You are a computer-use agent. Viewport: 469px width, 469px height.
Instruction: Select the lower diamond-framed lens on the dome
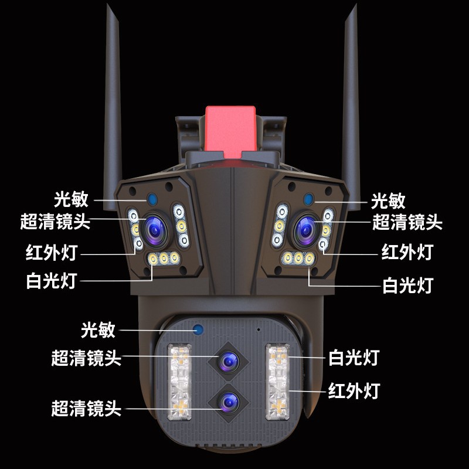click(227, 401)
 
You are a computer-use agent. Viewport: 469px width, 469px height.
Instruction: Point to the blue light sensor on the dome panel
click(198, 329)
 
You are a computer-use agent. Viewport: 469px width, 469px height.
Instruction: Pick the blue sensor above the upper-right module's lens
click(307, 198)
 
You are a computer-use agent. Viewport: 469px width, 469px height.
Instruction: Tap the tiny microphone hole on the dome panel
click(258, 329)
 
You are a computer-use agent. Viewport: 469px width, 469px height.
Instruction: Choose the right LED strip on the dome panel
click(276, 381)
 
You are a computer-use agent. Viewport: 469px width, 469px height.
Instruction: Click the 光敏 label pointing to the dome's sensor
click(98, 329)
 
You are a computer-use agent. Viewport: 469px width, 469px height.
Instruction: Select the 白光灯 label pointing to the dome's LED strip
click(355, 357)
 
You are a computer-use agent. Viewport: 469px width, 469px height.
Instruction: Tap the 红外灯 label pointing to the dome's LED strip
click(355, 389)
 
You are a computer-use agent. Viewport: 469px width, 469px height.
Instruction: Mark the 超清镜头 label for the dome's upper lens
click(86, 357)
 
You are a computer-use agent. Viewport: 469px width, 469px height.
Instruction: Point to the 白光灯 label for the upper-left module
click(52, 281)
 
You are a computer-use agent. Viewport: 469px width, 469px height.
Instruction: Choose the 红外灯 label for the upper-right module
click(407, 252)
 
